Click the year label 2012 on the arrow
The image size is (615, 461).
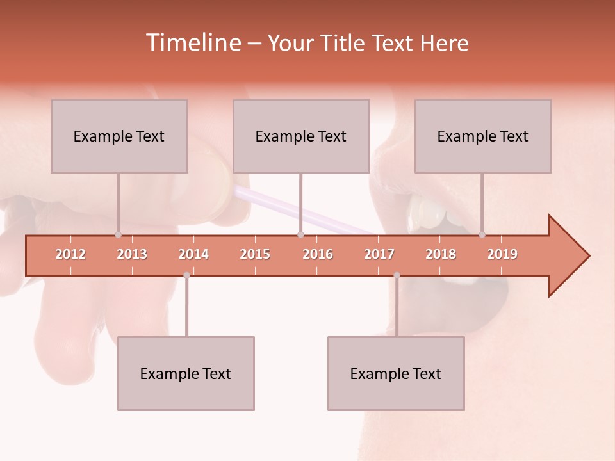coord(70,255)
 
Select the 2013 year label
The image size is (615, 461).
coord(132,255)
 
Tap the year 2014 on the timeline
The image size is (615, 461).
coord(193,255)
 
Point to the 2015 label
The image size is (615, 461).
coord(255,255)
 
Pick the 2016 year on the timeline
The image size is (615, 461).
coord(318,255)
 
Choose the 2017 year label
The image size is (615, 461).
coord(379,255)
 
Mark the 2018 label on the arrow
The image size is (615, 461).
coord(441,255)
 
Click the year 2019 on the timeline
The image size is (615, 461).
coord(502,255)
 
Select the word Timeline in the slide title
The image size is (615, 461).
coord(193,43)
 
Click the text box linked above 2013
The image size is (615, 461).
coord(119,136)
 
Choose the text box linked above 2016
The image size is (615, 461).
coord(301,136)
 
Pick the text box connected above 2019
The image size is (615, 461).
coord(483,136)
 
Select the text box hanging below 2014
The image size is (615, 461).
coord(186,373)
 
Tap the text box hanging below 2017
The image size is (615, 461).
coord(396,373)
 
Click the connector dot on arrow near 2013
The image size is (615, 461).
coord(118,234)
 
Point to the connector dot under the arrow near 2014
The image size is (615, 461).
coord(186,275)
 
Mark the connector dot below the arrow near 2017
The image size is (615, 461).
coord(397,275)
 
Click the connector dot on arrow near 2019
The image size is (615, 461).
coord(482,234)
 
